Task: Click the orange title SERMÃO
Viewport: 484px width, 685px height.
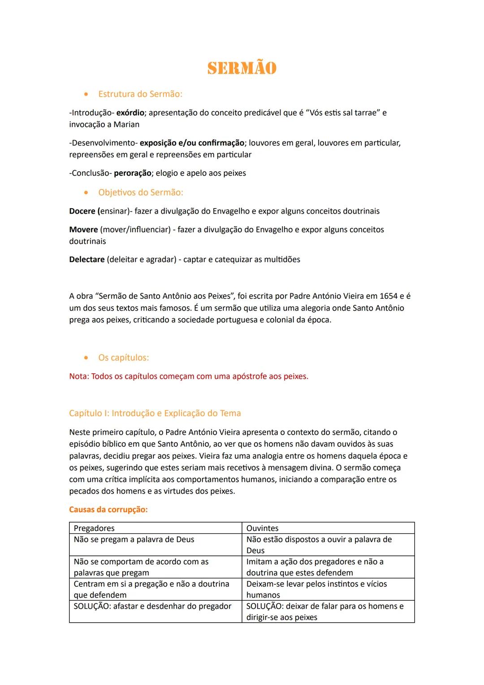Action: coord(242,68)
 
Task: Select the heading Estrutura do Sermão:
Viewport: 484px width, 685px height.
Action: coord(140,94)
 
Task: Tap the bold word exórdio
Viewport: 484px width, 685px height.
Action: coord(130,113)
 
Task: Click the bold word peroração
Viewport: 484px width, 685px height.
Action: coord(132,173)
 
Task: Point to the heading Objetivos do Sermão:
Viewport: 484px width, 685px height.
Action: coord(140,192)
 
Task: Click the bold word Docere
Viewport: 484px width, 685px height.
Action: coord(82,211)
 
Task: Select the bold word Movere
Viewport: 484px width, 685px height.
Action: coord(83,230)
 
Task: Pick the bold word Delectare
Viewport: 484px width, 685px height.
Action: coord(87,260)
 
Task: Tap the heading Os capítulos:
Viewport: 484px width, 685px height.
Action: coord(123,358)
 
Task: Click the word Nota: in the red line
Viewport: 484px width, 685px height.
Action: coord(79,376)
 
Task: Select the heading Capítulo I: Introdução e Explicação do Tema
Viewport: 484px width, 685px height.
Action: coord(155,413)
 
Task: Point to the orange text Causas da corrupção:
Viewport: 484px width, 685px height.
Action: coord(108,510)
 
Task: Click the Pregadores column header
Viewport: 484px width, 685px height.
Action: coord(94,528)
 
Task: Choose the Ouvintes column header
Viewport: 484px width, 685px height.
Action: coord(262,528)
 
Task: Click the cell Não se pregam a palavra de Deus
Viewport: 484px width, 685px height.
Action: coord(134,539)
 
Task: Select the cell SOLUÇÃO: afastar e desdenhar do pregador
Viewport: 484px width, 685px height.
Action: coord(152,606)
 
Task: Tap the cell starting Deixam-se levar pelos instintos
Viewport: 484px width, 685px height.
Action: coord(316,589)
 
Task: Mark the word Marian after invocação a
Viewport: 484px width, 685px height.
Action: coord(126,125)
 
